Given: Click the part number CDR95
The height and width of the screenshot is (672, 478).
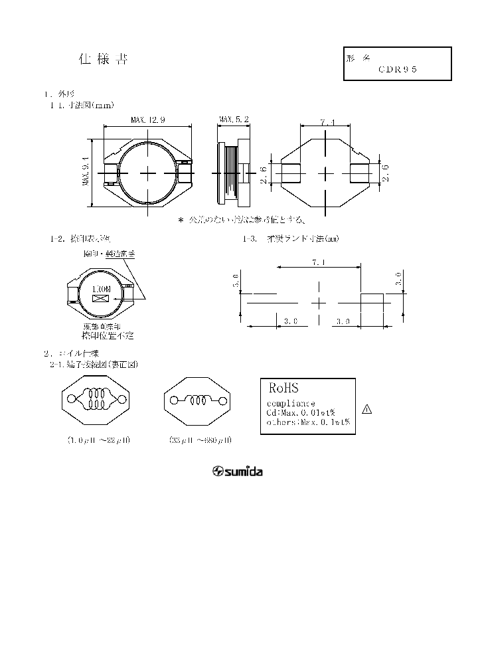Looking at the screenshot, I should point(398,69).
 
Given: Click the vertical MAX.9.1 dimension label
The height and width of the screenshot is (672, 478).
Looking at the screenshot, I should point(86,171).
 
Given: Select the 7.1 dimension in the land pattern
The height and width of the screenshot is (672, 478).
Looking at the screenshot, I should point(319,263).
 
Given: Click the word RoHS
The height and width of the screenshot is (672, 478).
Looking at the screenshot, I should point(284,387).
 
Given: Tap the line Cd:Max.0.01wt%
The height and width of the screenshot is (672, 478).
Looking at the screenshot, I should point(300,412).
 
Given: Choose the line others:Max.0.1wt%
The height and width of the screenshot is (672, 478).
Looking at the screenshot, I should point(307,422).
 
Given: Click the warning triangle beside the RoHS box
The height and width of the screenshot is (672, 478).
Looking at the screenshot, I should point(367,409).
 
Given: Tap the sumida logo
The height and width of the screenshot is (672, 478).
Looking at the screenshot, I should point(237,472).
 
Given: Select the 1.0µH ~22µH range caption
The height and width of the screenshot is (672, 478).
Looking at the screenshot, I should point(99,440).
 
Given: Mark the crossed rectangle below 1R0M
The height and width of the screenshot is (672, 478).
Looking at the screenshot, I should point(100,300).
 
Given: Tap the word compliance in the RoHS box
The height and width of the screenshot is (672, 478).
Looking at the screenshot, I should point(291,404).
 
